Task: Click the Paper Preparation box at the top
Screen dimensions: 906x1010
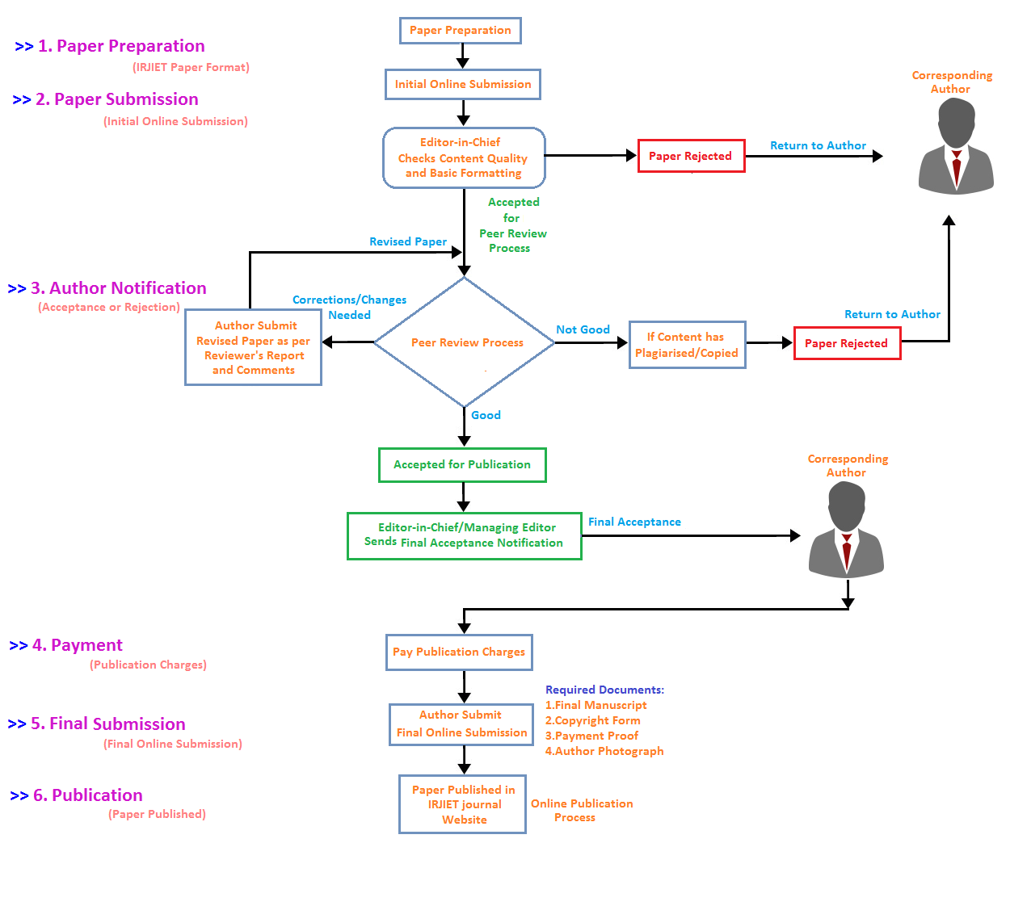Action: pos(461,31)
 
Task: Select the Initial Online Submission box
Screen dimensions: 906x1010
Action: pos(463,84)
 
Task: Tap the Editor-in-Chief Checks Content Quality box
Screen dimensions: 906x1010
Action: pos(464,157)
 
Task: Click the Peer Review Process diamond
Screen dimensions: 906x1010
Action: pos(465,342)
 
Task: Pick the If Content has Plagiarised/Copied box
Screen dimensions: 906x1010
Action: pos(687,345)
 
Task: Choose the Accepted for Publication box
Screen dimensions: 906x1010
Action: pos(462,465)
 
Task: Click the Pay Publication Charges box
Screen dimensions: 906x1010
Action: pos(459,652)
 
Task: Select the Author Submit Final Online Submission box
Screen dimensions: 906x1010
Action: pos(461,724)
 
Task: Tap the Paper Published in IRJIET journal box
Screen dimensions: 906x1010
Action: pos(463,804)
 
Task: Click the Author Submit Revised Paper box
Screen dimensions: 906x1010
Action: pos(254,348)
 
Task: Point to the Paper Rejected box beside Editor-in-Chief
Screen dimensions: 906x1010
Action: pos(691,156)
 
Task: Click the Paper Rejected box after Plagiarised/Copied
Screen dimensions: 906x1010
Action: pos(847,343)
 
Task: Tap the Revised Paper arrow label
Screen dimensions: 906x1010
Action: pos(408,241)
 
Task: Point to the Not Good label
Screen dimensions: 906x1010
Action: pos(583,329)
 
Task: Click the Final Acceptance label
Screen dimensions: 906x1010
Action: pos(634,522)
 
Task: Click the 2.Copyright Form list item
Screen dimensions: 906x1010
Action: pos(592,720)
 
